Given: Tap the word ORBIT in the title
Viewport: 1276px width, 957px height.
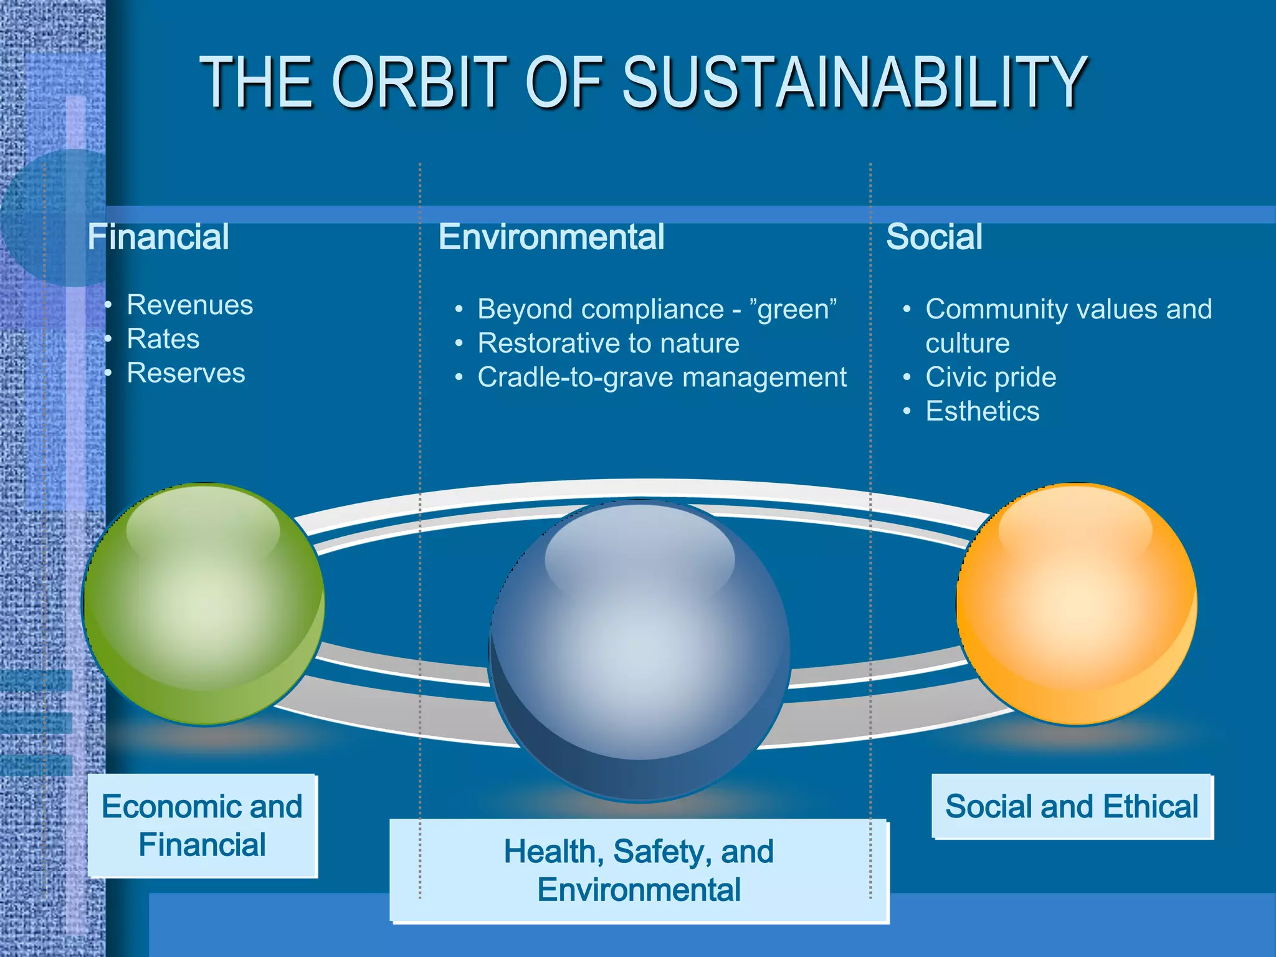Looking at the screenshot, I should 419,82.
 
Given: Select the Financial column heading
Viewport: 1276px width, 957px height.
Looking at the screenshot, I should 158,237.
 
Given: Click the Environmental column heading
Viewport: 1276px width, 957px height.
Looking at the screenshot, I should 551,237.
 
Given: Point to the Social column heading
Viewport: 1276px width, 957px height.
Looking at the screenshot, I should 934,237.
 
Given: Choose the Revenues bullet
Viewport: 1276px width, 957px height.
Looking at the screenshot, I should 190,305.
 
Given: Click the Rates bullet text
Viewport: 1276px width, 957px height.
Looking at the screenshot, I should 163,340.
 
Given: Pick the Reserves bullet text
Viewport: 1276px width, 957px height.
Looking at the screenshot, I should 186,373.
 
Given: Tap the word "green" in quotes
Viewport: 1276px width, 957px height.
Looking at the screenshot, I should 793,310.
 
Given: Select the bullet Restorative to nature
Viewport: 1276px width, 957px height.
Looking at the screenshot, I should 608,343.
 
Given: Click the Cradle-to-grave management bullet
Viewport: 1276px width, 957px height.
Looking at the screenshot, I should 662,378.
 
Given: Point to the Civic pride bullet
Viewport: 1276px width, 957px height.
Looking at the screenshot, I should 991,378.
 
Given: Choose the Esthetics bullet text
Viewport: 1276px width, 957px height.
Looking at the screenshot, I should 983,412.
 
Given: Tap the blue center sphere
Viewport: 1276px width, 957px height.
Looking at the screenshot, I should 640,648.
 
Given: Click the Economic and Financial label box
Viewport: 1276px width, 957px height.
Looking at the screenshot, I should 202,826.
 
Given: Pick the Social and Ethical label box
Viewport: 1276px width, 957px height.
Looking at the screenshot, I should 1072,806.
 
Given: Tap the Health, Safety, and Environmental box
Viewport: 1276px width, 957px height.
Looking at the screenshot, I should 639,870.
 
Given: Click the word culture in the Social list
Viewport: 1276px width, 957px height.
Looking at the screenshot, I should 968,343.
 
